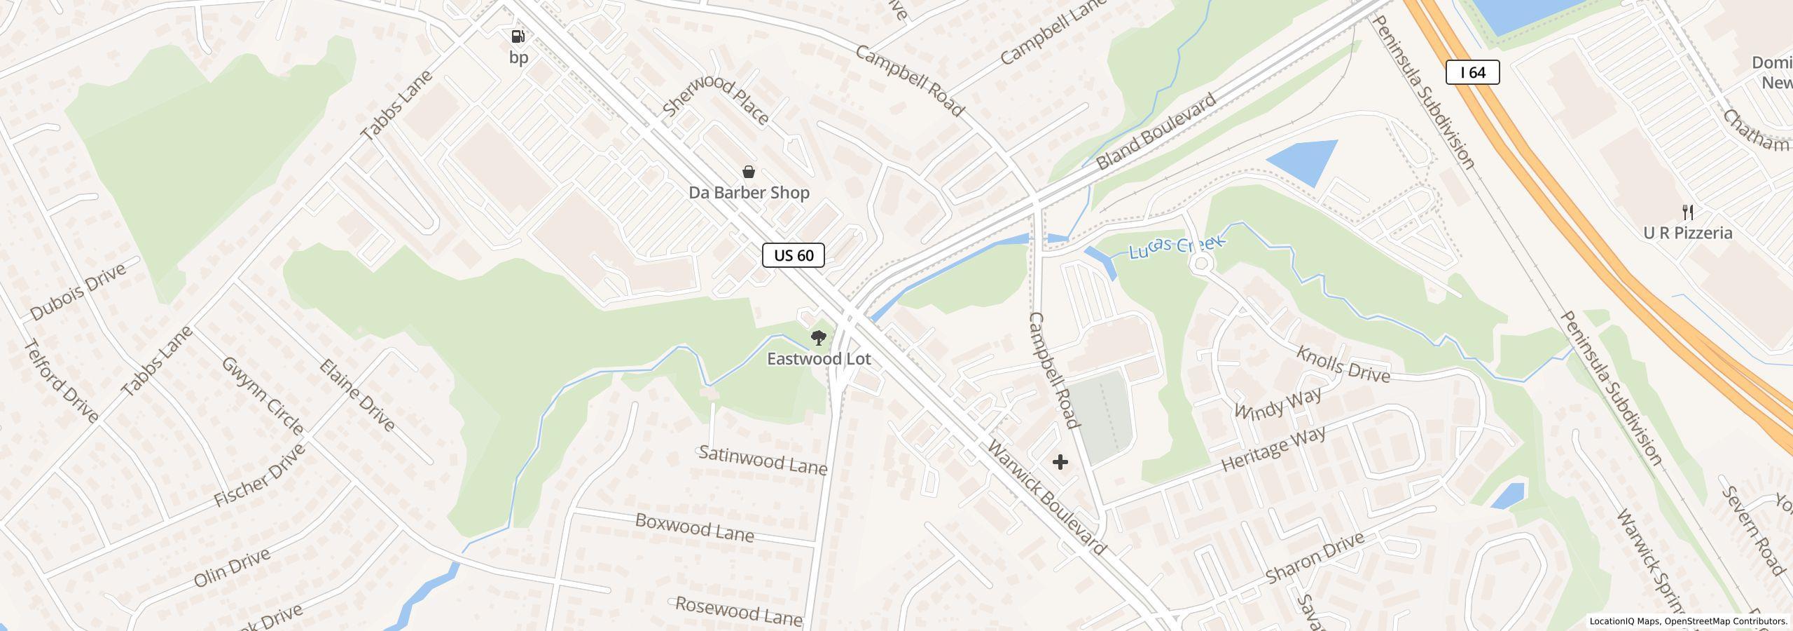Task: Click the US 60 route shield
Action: [793, 255]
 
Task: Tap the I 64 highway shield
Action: [1472, 72]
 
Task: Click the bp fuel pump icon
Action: [518, 36]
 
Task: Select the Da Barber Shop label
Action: [749, 193]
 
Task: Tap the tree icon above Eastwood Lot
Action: [817, 339]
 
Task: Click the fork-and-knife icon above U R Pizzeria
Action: [1688, 212]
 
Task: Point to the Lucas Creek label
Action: [1177, 247]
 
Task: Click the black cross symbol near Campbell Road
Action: [1060, 462]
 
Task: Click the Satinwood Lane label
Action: [763, 461]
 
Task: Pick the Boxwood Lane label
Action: [694, 528]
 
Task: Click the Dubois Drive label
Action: [78, 292]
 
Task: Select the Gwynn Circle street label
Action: [263, 395]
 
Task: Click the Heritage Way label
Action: [1273, 449]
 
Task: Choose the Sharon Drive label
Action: [1315, 558]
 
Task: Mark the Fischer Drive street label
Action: [259, 476]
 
